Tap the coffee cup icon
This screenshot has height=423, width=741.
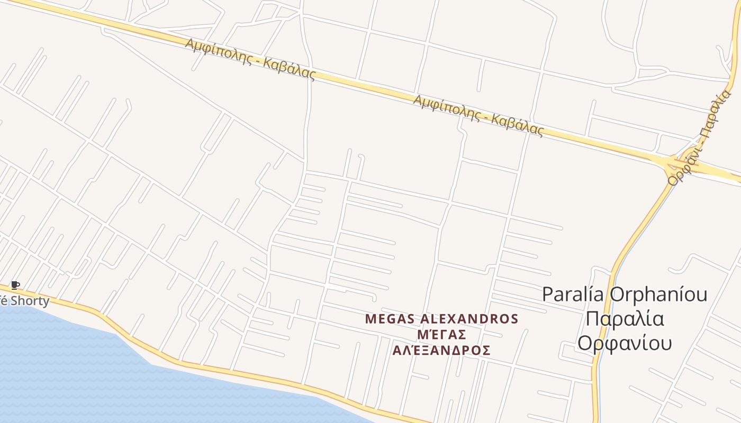pyautogui.click(x=15, y=286)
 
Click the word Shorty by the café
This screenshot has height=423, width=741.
pyautogui.click(x=30, y=301)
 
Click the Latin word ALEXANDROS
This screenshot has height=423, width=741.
pyautogui.click(x=469, y=319)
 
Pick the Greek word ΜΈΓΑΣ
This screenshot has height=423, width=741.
pyautogui.click(x=441, y=335)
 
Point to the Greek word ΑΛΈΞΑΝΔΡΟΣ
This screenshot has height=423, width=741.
pyautogui.click(x=441, y=350)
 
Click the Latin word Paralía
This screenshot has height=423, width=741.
pyautogui.click(x=574, y=294)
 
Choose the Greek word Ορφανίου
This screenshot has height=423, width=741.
pyautogui.click(x=625, y=343)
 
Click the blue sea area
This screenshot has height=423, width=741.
pyautogui.click(x=79, y=370)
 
